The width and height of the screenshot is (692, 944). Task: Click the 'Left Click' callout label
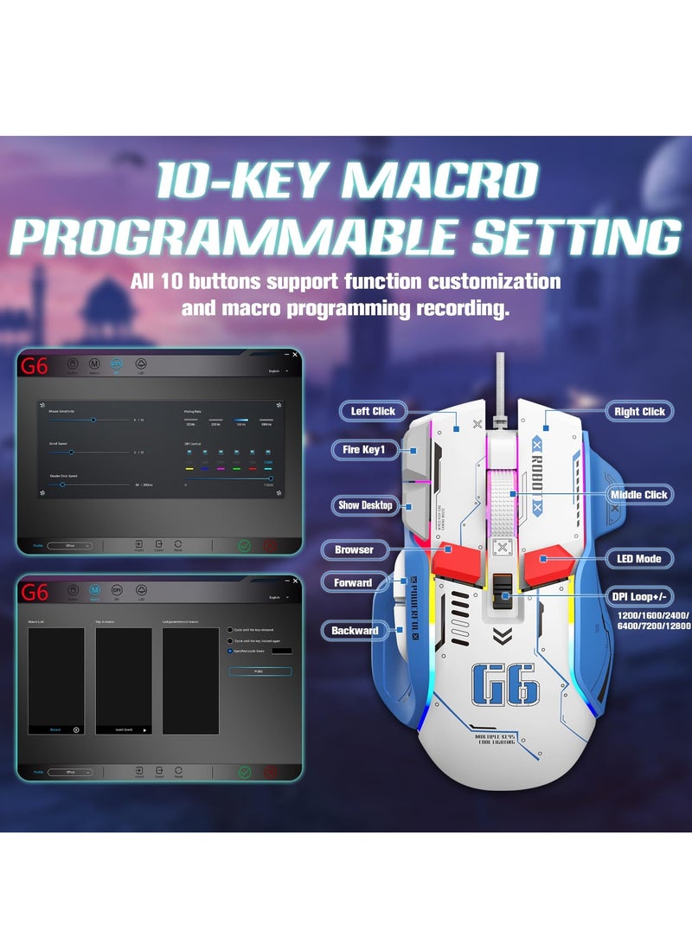[373, 411]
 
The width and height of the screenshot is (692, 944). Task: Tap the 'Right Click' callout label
[639, 412]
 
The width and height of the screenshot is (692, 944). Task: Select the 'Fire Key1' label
[363, 450]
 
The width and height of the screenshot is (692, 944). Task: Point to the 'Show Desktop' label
[365, 505]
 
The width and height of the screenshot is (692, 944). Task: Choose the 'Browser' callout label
[354, 549]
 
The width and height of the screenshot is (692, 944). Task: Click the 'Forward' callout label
[352, 583]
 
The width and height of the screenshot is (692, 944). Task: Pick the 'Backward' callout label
[355, 631]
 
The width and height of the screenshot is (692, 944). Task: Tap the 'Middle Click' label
[638, 494]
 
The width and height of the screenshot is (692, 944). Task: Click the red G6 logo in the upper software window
[35, 366]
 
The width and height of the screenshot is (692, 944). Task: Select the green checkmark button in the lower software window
[245, 772]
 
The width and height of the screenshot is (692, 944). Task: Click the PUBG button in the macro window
[259, 671]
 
